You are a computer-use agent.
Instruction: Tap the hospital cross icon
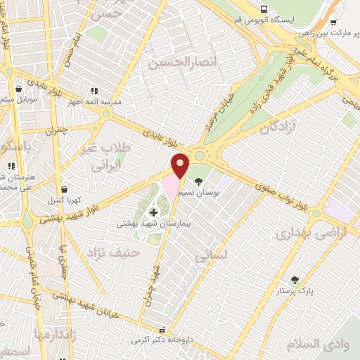[153, 212]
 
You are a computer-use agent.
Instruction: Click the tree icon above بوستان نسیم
[208, 180]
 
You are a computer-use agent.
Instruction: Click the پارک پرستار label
[294, 290]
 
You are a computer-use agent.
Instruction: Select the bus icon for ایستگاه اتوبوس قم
[264, 9]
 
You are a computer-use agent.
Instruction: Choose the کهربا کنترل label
[65, 200]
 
